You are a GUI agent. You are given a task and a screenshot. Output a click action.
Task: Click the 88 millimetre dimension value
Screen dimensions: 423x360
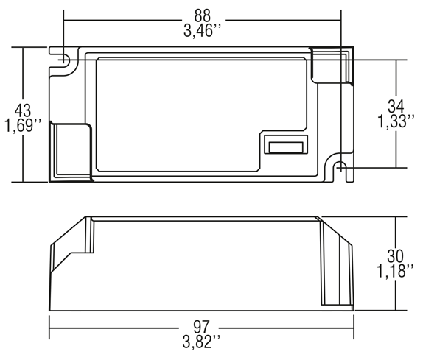(202, 16)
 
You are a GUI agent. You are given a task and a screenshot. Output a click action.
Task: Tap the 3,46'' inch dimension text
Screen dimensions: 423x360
(202, 30)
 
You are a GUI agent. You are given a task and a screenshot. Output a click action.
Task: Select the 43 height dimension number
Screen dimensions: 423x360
(23, 110)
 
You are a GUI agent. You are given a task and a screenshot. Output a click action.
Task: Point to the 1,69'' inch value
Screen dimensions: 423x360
(23, 125)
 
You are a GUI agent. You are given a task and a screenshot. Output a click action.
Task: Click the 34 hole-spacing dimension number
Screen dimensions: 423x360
(396, 106)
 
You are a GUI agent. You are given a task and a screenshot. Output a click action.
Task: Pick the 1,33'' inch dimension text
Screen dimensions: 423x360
(396, 121)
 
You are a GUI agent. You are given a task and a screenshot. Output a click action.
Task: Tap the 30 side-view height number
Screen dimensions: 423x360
(395, 256)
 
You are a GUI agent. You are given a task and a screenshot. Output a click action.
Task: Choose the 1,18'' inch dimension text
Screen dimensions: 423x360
(395, 271)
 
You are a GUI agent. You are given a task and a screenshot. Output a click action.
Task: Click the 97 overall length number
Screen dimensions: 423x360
(201, 327)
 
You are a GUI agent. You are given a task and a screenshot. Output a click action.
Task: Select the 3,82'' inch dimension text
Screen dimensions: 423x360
(201, 342)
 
